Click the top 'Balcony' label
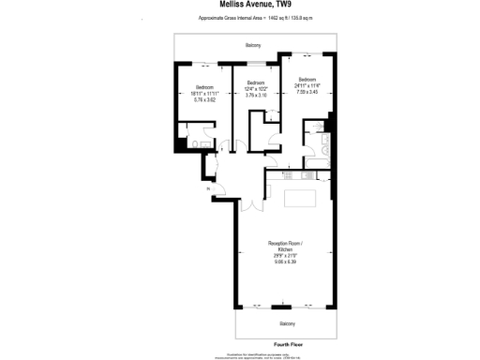coord(253,45)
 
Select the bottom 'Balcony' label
coord(287,323)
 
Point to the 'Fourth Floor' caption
coord(287,344)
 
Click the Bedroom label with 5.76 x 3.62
coord(205,93)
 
